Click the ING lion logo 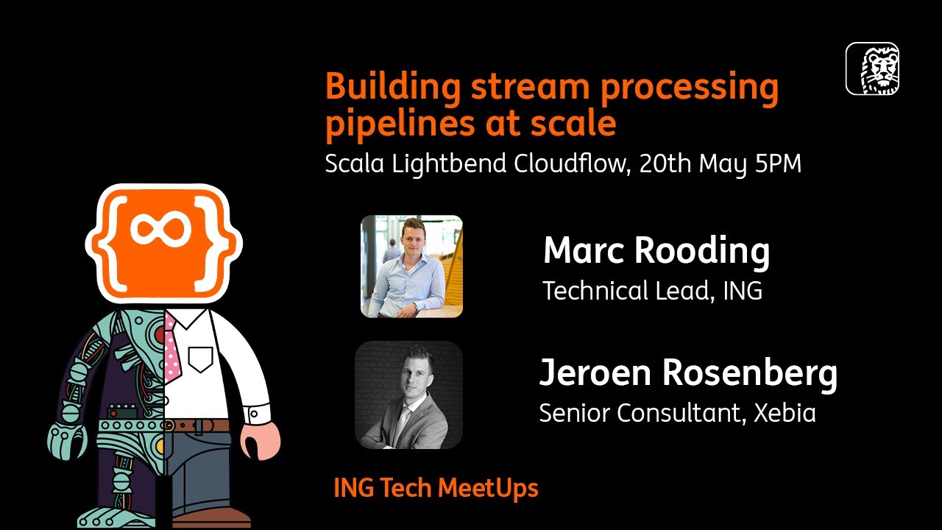click(872, 68)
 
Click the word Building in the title click(393, 88)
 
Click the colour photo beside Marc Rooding click(411, 266)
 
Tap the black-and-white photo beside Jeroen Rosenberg click(408, 395)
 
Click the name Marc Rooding click(656, 251)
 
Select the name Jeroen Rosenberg click(688, 373)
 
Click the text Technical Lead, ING click(652, 291)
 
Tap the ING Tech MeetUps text click(436, 487)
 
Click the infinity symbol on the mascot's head click(163, 230)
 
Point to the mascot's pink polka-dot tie click(171, 346)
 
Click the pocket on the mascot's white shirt click(200, 358)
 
